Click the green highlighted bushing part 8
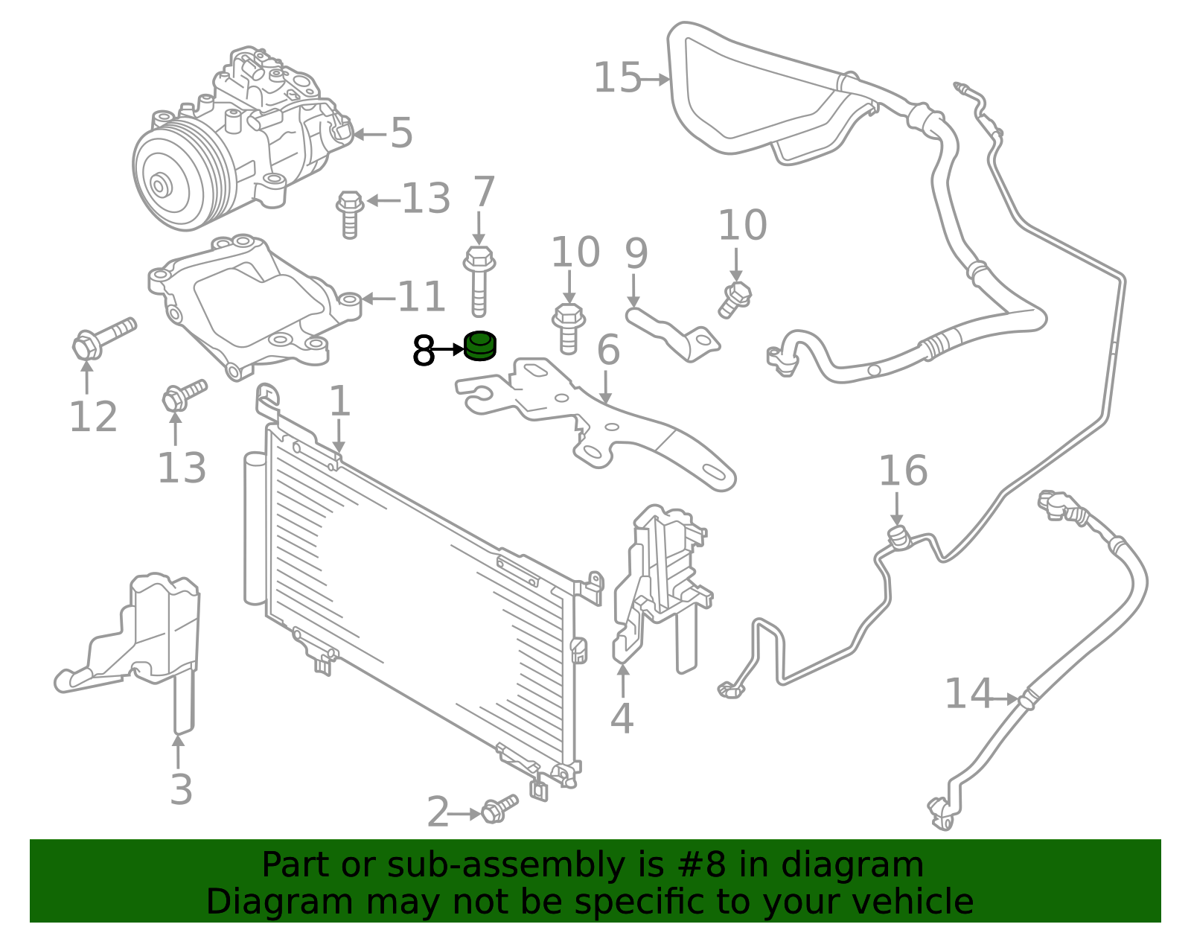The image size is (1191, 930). (x=480, y=346)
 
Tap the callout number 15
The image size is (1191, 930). (x=617, y=78)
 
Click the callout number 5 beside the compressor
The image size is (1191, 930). (x=401, y=133)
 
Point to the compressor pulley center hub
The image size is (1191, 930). (x=159, y=185)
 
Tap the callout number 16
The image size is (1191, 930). (x=903, y=471)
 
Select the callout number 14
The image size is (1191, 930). (x=968, y=694)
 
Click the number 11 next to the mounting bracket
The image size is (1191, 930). (x=421, y=298)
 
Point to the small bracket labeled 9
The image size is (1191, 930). (x=674, y=335)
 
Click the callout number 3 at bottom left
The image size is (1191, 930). (x=181, y=790)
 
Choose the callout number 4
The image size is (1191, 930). (x=622, y=719)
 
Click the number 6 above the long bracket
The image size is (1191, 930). (x=608, y=350)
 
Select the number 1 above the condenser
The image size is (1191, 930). (x=339, y=401)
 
